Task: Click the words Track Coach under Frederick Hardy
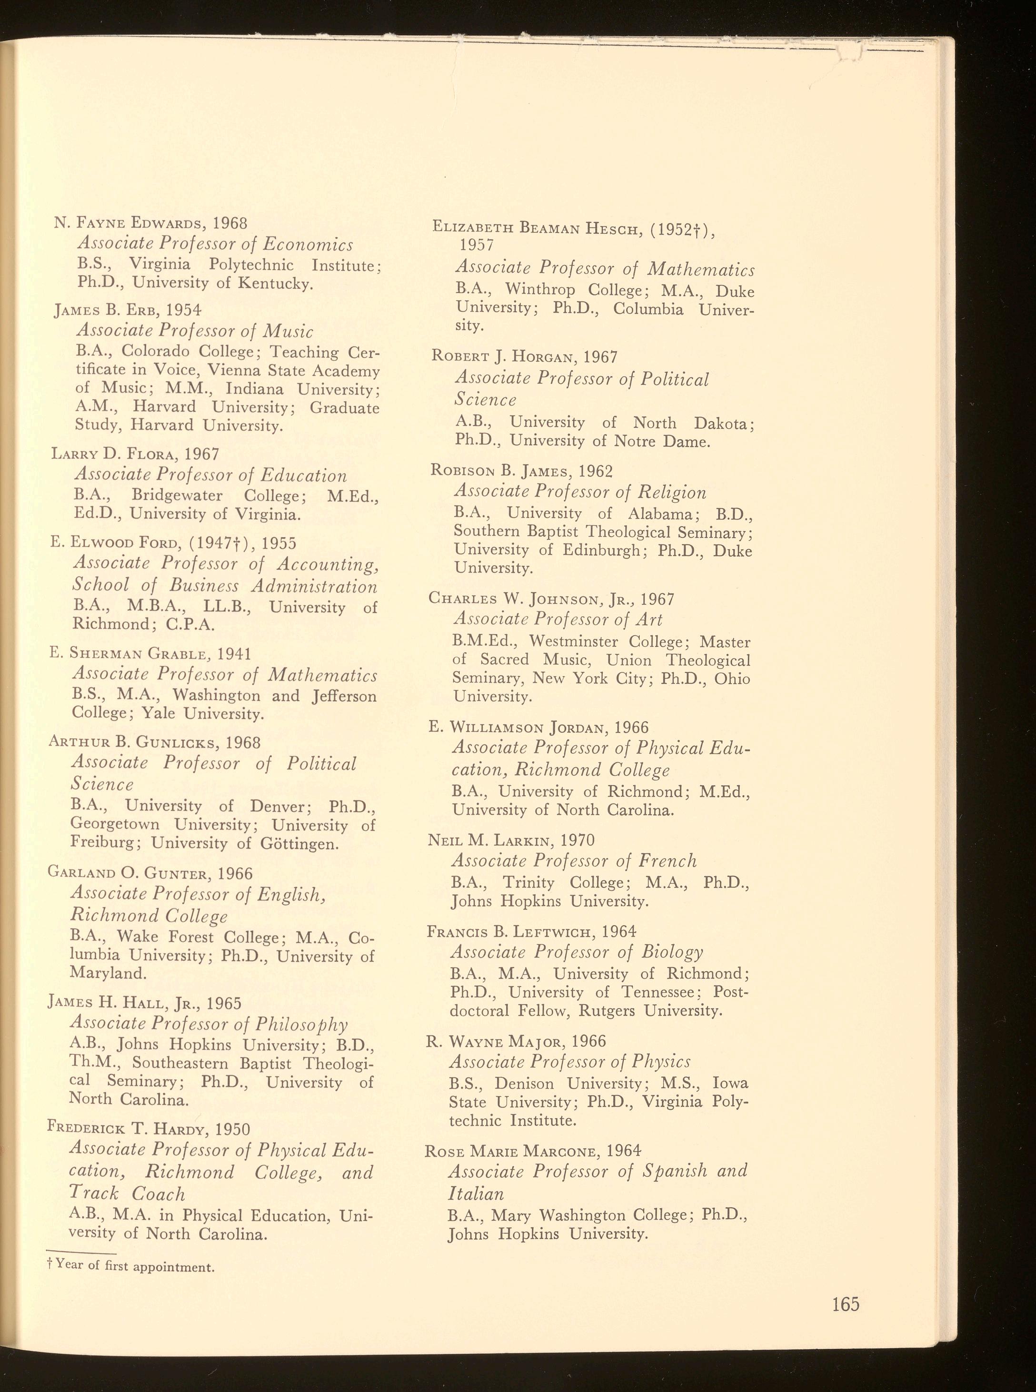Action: (127, 1194)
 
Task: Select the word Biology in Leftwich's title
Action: (672, 953)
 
